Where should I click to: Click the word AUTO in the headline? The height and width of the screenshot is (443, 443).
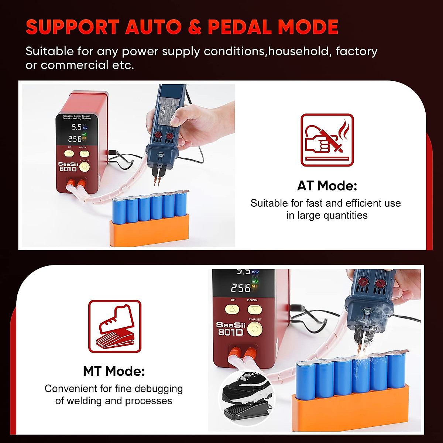154,27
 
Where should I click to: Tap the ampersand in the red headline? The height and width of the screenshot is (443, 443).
195,27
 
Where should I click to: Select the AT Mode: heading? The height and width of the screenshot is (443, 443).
327,186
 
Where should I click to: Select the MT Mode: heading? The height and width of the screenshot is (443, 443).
114,371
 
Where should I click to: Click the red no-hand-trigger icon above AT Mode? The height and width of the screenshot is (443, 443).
327,140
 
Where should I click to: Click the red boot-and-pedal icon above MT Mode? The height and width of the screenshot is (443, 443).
115,326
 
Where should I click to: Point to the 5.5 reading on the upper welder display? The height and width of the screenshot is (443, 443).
76,127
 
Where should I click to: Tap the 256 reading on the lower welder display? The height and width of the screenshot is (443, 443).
240,288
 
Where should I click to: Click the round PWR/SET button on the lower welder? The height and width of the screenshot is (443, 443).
254,329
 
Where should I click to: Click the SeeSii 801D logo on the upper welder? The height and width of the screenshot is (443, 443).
68,167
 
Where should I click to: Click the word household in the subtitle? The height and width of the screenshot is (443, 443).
298,51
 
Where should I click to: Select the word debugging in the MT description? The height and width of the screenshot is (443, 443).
159,389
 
